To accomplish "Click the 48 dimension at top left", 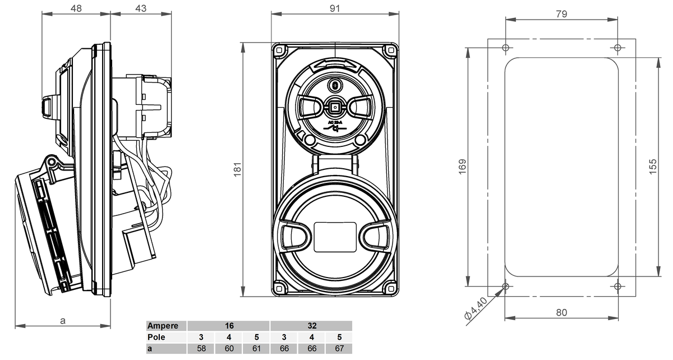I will [x=76, y=9].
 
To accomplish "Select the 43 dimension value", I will [x=141, y=9].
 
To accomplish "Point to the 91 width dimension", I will [x=335, y=8].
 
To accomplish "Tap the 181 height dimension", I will [x=237, y=169].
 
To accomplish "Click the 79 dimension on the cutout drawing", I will [x=561, y=15].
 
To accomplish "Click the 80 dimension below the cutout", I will [x=561, y=312].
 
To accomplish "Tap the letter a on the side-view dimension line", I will [x=63, y=321].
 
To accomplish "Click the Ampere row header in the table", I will [x=163, y=325].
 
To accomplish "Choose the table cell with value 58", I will [x=201, y=349].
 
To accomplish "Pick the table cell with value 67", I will [x=338, y=349].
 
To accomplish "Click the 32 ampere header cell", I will [x=311, y=325].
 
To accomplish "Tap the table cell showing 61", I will [x=256, y=349].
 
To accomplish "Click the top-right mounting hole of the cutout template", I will [x=617, y=47].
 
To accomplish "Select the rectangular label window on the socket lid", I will [x=335, y=236].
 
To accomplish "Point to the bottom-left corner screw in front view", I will [x=279, y=289].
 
